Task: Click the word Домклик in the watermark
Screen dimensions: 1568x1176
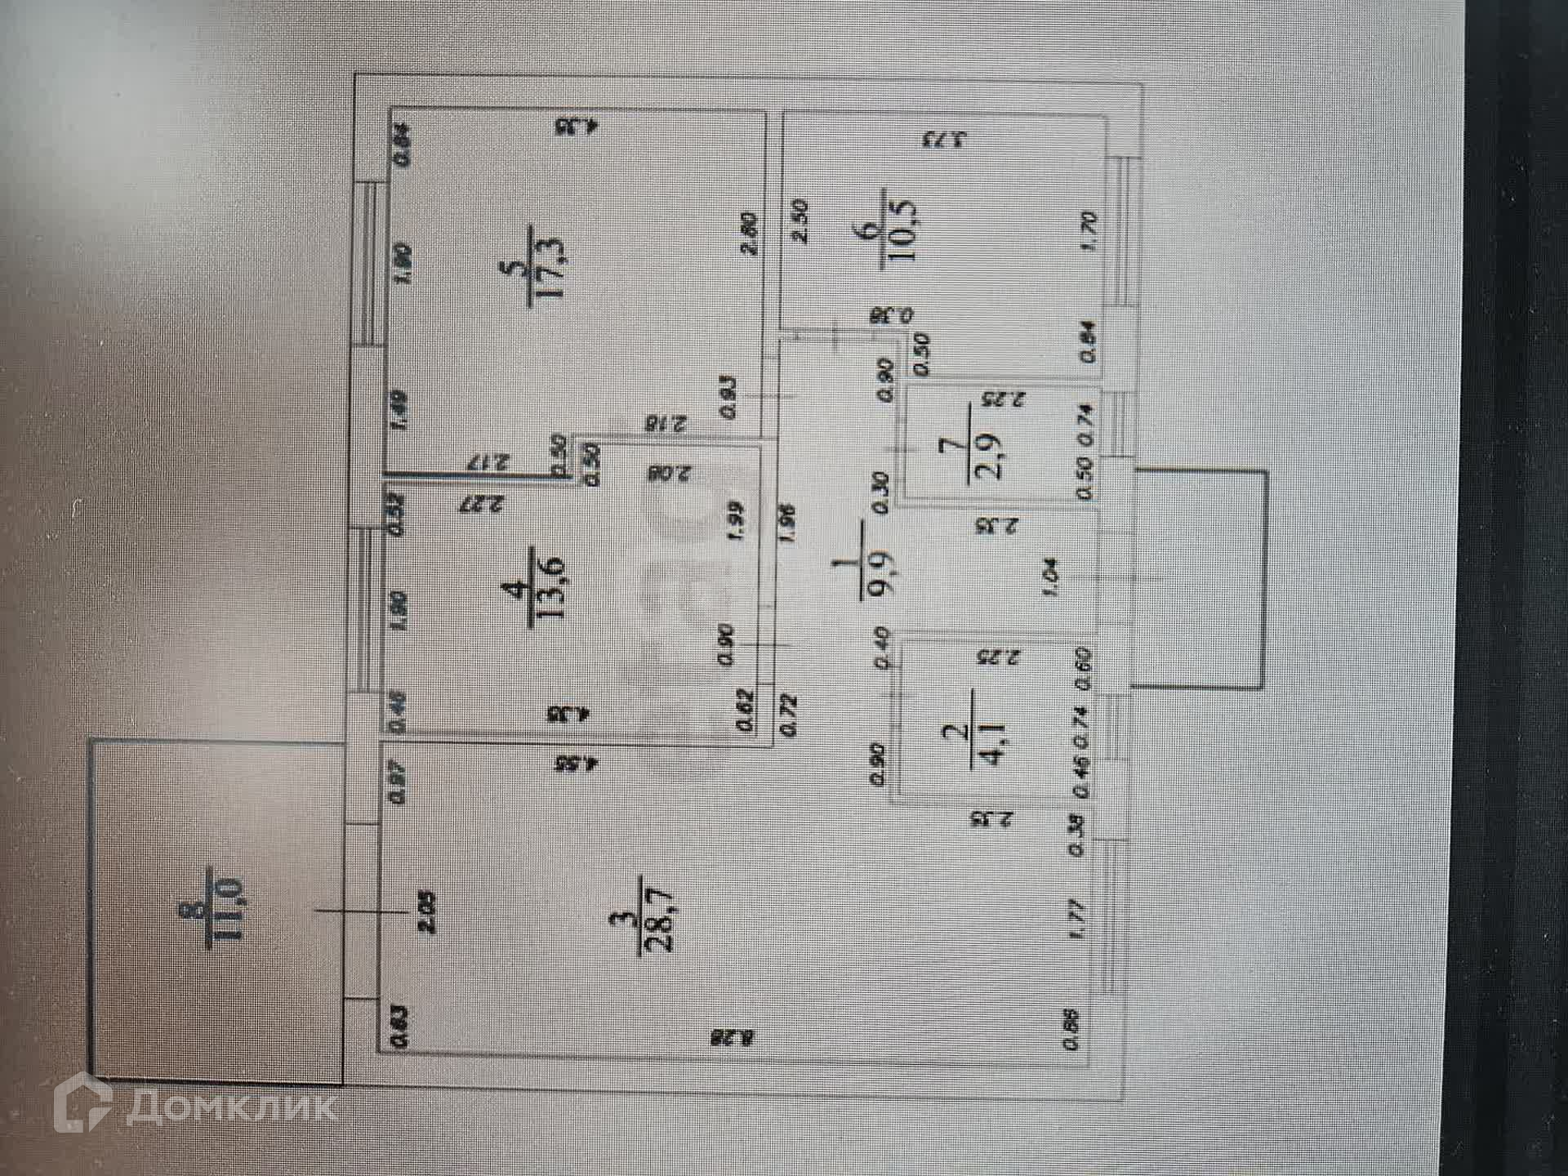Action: click(x=232, y=1107)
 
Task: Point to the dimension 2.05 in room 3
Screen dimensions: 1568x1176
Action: click(x=427, y=912)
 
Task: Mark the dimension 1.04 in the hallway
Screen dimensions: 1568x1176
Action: click(x=1051, y=577)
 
